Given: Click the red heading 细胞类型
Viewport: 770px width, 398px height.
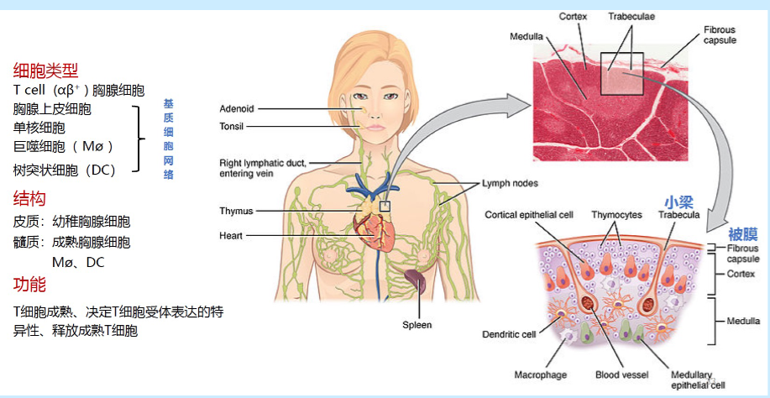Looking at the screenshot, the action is click(x=45, y=71).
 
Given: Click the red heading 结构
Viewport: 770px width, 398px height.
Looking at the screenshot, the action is click(x=29, y=199).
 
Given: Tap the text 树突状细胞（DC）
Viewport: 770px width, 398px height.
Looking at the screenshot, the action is click(x=65, y=170).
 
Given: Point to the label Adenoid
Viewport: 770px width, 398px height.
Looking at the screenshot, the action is click(x=237, y=108).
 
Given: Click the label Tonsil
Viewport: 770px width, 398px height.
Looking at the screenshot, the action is click(x=231, y=126).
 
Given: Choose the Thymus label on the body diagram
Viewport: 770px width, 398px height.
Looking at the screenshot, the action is click(x=237, y=212).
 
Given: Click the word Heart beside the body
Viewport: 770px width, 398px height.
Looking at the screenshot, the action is click(x=231, y=236).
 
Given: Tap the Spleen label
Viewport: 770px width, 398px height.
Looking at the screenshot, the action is click(x=417, y=325).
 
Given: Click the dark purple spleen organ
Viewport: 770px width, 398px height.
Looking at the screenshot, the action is click(x=416, y=281).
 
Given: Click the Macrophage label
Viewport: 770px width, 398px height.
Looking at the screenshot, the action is click(x=540, y=375).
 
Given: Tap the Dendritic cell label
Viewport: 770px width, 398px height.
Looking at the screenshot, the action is click(x=509, y=335).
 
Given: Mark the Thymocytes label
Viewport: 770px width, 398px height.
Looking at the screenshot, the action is click(x=616, y=215).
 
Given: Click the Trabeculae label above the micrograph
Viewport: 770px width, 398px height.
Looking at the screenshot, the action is click(x=631, y=16).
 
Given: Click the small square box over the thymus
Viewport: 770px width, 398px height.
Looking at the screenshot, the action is click(x=385, y=206).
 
